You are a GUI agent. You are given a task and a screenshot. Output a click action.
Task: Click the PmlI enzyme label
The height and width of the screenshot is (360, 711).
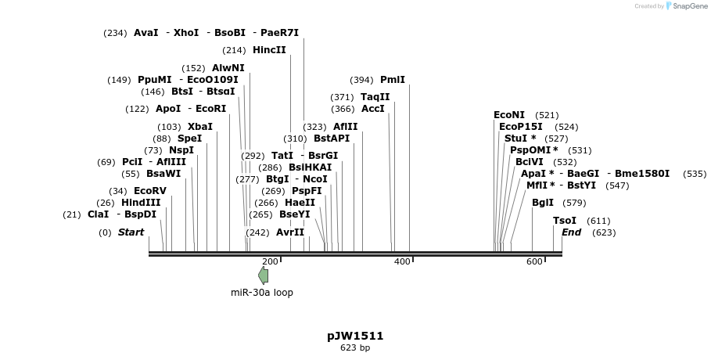click(393, 80)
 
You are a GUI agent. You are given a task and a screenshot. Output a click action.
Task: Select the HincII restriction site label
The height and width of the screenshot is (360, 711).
click(269, 50)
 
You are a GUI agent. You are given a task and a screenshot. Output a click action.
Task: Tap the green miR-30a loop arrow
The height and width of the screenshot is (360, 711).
click(264, 275)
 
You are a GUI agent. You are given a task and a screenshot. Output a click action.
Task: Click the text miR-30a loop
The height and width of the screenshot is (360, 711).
click(262, 293)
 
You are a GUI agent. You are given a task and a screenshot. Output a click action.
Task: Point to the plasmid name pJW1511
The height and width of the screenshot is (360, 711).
click(355, 336)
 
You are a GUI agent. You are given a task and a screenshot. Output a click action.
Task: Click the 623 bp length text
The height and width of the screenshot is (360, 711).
click(355, 347)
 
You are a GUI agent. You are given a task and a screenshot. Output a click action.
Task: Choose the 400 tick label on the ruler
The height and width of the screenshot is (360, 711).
click(402, 261)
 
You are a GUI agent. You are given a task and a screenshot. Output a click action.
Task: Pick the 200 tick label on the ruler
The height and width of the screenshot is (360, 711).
click(271, 261)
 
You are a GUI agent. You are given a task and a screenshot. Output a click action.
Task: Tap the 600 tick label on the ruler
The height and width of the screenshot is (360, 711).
click(534, 261)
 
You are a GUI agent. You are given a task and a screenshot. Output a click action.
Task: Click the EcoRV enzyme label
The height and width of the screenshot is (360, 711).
click(150, 191)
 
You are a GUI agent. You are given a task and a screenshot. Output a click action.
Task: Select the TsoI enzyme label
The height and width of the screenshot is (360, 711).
click(565, 221)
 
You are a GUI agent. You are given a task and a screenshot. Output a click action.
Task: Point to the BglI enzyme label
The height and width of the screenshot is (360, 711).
click(543, 203)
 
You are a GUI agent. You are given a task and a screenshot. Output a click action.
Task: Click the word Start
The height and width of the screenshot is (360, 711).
click(131, 232)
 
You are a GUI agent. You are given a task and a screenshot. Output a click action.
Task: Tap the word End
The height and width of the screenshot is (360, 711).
click(572, 232)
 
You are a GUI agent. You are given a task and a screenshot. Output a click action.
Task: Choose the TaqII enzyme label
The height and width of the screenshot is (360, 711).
click(375, 97)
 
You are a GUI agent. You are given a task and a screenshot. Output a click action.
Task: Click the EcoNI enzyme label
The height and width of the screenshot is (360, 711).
click(509, 115)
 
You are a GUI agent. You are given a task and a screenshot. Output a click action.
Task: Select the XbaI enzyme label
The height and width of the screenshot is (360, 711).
click(200, 127)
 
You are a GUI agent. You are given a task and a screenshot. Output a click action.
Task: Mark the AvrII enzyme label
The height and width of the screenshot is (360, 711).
click(290, 232)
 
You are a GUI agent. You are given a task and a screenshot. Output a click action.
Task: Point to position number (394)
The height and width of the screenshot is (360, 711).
click(361, 80)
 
